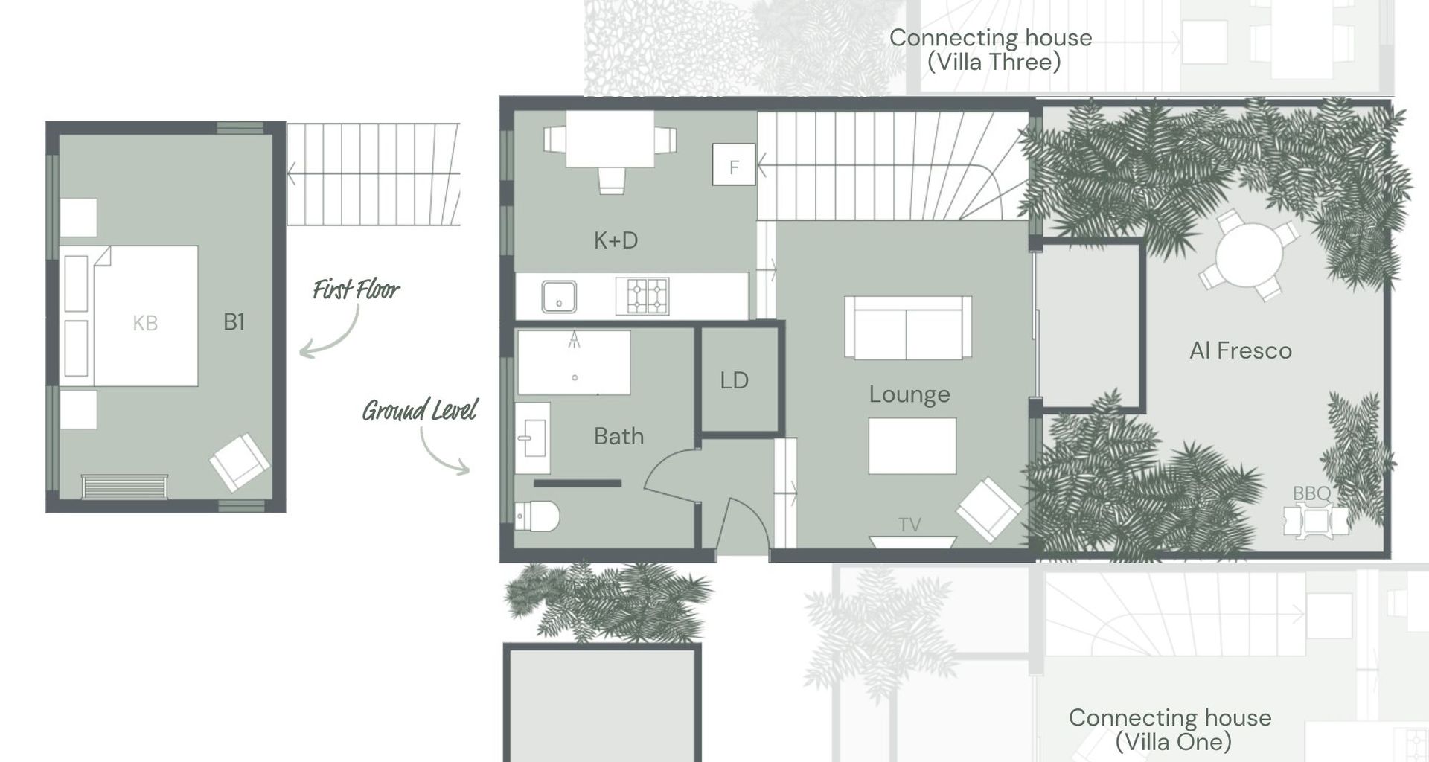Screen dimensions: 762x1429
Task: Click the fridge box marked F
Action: pos(734,164)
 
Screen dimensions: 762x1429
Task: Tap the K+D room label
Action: pos(616,240)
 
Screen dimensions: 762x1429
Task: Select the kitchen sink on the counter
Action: pos(558,296)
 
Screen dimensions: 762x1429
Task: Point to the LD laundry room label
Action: pos(734,381)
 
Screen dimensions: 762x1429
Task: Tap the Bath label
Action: pos(618,436)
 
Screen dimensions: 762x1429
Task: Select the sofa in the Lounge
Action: pos(907,327)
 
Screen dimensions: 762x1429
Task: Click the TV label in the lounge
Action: pos(909,525)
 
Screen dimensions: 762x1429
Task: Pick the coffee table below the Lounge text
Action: pos(912,446)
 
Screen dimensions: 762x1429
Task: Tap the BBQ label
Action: pos(1311,493)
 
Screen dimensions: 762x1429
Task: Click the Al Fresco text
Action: pos(1240,350)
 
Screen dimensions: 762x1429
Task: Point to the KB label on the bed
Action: pos(145,323)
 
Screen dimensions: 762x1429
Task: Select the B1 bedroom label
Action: pos(234,321)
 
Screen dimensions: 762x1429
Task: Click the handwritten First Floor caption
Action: pos(356,289)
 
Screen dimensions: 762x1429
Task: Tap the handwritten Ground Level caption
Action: pos(419,410)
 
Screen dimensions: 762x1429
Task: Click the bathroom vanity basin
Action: pos(531,438)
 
